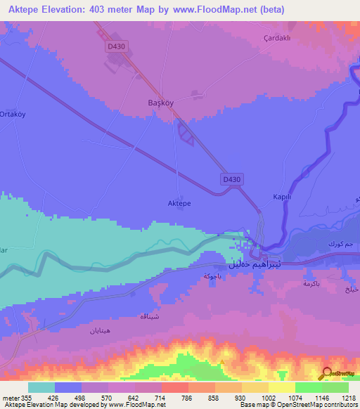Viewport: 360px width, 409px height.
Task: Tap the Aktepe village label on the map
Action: [x=179, y=202]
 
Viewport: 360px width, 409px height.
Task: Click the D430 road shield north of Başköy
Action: [x=117, y=46]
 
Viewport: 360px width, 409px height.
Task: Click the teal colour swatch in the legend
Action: [x=41, y=387]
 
